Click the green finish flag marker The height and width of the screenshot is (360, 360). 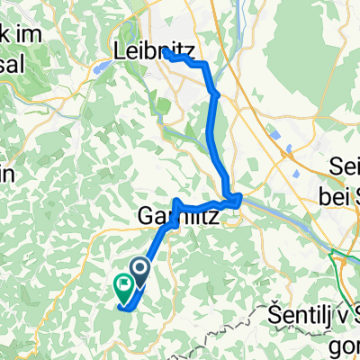122,285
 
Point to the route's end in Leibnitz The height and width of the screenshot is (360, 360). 166,53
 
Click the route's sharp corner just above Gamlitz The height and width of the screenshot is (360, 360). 177,201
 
